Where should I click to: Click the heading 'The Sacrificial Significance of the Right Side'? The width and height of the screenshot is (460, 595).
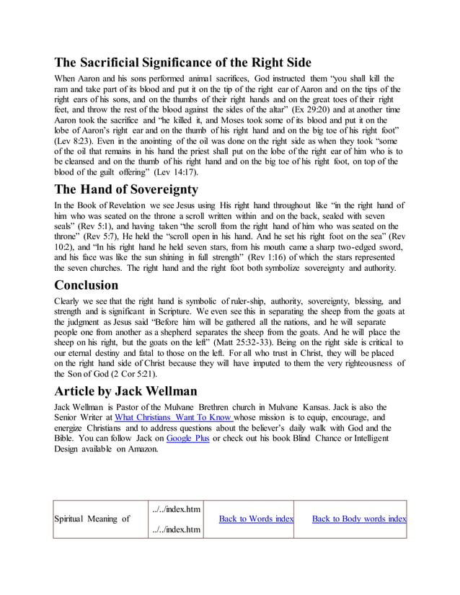pos(183,62)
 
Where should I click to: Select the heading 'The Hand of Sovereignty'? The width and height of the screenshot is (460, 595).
pos(126,190)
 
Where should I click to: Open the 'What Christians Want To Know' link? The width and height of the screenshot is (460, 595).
pos(173,417)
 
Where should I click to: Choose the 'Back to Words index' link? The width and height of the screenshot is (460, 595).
pos(256,519)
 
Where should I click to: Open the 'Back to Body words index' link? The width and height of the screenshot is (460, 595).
pos(358,519)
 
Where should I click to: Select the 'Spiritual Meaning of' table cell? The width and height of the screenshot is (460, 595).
pos(92,519)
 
